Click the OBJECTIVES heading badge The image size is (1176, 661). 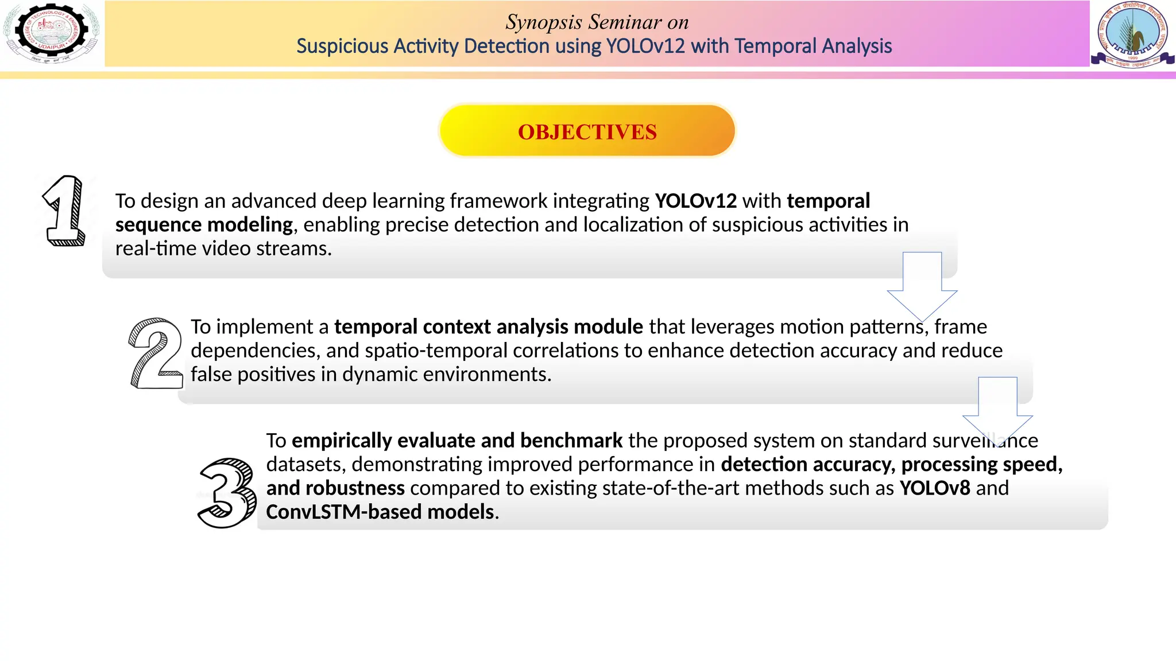587,131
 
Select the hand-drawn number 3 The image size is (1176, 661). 227,493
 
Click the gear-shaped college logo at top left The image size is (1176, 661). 52,33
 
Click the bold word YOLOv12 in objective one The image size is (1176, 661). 695,201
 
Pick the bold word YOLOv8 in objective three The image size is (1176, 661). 934,488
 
